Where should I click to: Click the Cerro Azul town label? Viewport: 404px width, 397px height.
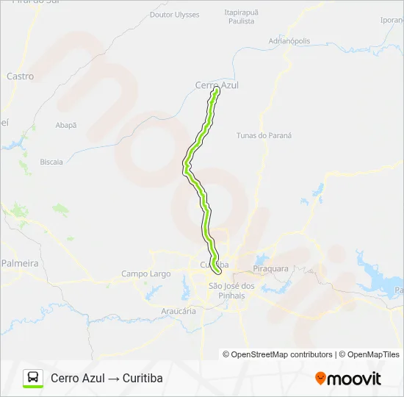pos(217,85)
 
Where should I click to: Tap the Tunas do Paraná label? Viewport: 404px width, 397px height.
pos(264,135)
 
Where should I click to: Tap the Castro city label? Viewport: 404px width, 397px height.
pos(20,76)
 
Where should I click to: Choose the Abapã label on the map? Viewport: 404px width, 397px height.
pos(65,126)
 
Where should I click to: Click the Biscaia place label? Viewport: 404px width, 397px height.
pos(51,162)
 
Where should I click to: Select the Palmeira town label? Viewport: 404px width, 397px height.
pos(19,262)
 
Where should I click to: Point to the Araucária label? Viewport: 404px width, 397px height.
pos(178,311)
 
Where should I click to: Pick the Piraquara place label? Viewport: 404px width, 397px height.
pos(270,268)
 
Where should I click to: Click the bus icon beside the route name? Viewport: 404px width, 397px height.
pos(33,378)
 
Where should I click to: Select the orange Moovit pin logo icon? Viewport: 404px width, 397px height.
pos(321,378)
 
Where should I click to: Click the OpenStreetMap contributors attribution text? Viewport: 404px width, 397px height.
pos(282,354)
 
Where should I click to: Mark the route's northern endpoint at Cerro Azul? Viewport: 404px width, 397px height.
pos(216,93)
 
